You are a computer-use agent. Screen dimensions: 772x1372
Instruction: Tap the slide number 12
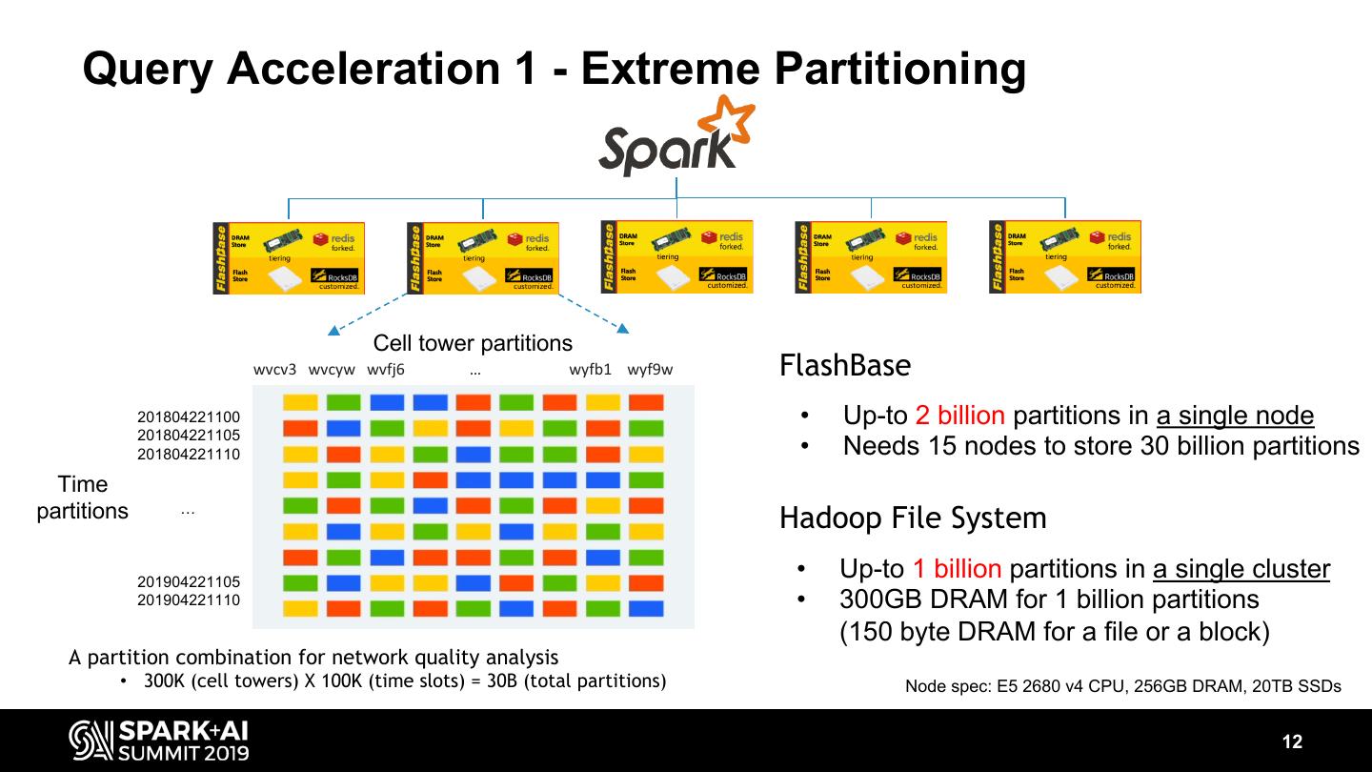click(x=1292, y=742)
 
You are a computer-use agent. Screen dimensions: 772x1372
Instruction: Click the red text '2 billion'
click(x=959, y=416)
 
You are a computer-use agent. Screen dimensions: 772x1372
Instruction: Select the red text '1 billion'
click(x=957, y=569)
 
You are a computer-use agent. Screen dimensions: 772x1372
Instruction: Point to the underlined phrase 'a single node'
click(x=1235, y=416)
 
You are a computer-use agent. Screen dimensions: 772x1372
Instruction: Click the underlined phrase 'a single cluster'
click(x=1241, y=569)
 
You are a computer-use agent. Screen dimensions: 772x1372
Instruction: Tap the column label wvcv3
click(x=274, y=370)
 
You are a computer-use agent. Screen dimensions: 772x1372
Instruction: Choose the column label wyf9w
click(x=650, y=370)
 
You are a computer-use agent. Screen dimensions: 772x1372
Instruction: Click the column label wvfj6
click(x=386, y=370)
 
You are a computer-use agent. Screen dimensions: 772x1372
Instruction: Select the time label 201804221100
click(x=189, y=417)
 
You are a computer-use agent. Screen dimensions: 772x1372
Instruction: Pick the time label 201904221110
click(x=189, y=599)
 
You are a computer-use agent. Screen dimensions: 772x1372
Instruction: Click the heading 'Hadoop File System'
click(x=912, y=518)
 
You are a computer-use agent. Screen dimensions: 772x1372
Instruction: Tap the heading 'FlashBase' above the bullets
click(x=844, y=365)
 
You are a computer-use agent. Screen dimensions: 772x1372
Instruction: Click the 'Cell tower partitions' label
click(x=473, y=343)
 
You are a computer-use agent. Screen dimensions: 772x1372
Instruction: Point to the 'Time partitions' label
click(x=83, y=498)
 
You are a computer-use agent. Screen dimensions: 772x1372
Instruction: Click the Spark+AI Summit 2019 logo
click(x=159, y=742)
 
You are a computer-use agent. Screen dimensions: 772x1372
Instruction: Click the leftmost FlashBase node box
click(x=288, y=257)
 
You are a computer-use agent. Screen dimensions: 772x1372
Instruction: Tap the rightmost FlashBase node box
click(x=1064, y=257)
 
